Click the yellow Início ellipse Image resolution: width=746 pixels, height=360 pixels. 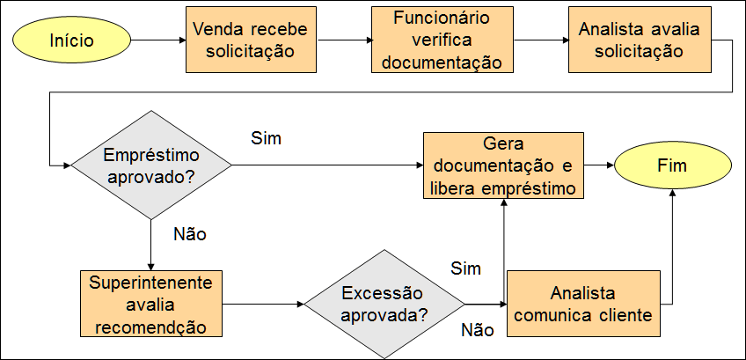point(71,40)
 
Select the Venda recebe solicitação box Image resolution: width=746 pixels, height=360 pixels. point(250,40)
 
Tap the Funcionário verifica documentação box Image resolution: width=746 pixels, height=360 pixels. point(442,40)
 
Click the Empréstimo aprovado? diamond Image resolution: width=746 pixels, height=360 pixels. point(151,165)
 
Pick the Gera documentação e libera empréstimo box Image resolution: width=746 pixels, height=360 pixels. point(503,165)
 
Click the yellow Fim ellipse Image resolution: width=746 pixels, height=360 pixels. point(672,165)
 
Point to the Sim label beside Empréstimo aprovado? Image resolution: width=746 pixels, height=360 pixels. point(266,138)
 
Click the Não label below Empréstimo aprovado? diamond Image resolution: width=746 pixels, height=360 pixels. point(190,234)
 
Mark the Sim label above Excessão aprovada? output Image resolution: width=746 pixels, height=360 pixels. point(466,267)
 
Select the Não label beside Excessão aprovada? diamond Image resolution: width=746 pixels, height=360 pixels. point(477,331)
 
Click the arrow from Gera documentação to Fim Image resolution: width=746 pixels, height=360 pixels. point(599,165)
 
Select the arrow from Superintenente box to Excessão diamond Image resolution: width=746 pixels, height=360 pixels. point(263,304)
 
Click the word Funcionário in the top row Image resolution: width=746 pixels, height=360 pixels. point(442,18)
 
